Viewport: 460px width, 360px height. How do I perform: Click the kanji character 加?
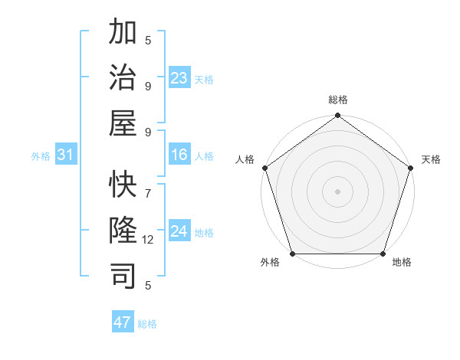click(123, 33)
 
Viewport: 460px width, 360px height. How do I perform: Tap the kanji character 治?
click(123, 77)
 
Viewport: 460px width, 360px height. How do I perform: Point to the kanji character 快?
click(123, 186)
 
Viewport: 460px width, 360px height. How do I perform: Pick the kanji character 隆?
click(123, 231)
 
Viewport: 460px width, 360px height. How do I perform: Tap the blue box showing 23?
click(179, 78)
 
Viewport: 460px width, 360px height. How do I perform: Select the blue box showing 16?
click(179, 155)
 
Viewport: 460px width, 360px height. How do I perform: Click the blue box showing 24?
click(179, 231)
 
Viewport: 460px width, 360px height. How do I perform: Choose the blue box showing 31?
click(66, 155)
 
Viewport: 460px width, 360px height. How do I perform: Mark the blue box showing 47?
click(123, 322)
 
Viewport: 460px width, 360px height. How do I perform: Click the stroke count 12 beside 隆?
click(148, 240)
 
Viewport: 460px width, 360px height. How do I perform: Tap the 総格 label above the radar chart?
click(337, 100)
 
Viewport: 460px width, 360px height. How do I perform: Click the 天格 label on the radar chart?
click(431, 159)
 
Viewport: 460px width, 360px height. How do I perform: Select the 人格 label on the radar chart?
click(245, 159)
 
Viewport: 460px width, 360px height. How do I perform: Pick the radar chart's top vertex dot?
click(337, 116)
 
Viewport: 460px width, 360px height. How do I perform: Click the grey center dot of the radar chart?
click(337, 191)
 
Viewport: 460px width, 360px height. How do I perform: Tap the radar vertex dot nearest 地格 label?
click(383, 254)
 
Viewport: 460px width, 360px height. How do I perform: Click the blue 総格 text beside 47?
click(148, 324)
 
